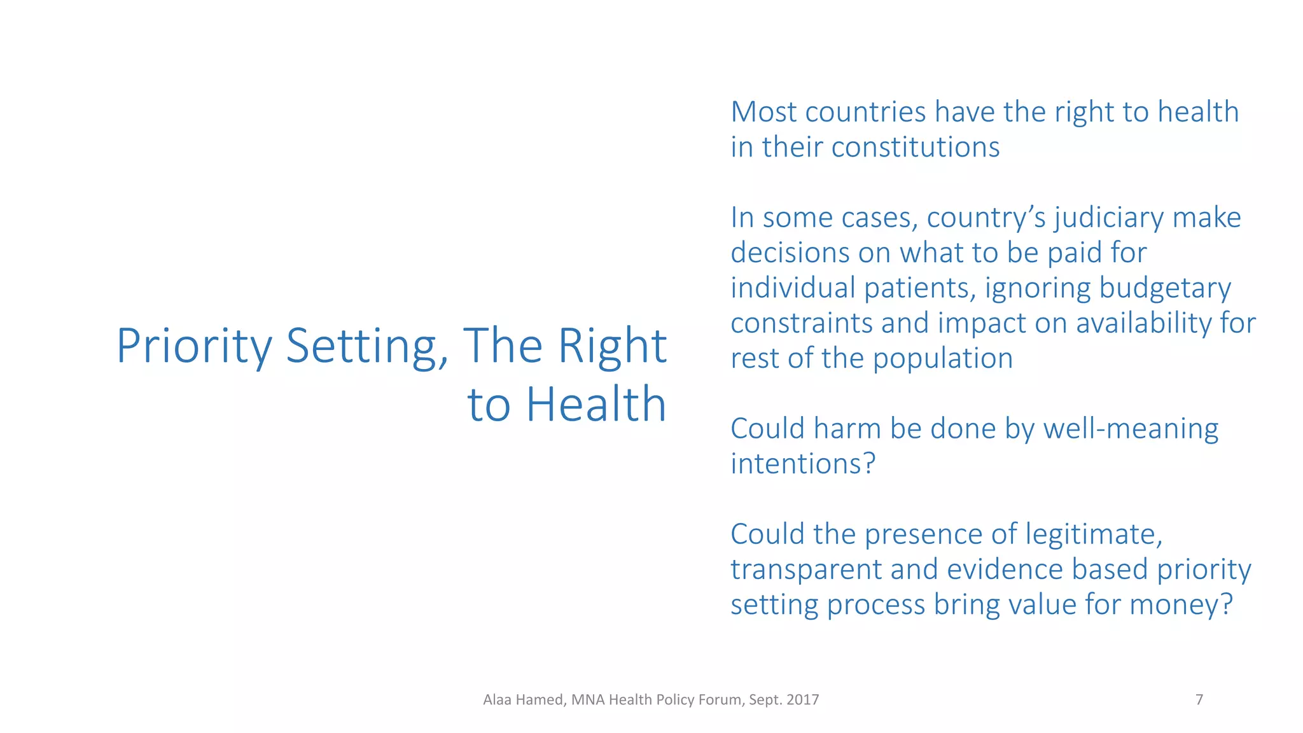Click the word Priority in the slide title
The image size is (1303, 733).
194,347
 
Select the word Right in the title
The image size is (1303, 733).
612,346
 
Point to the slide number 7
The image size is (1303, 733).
1199,700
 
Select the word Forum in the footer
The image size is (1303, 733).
721,700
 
